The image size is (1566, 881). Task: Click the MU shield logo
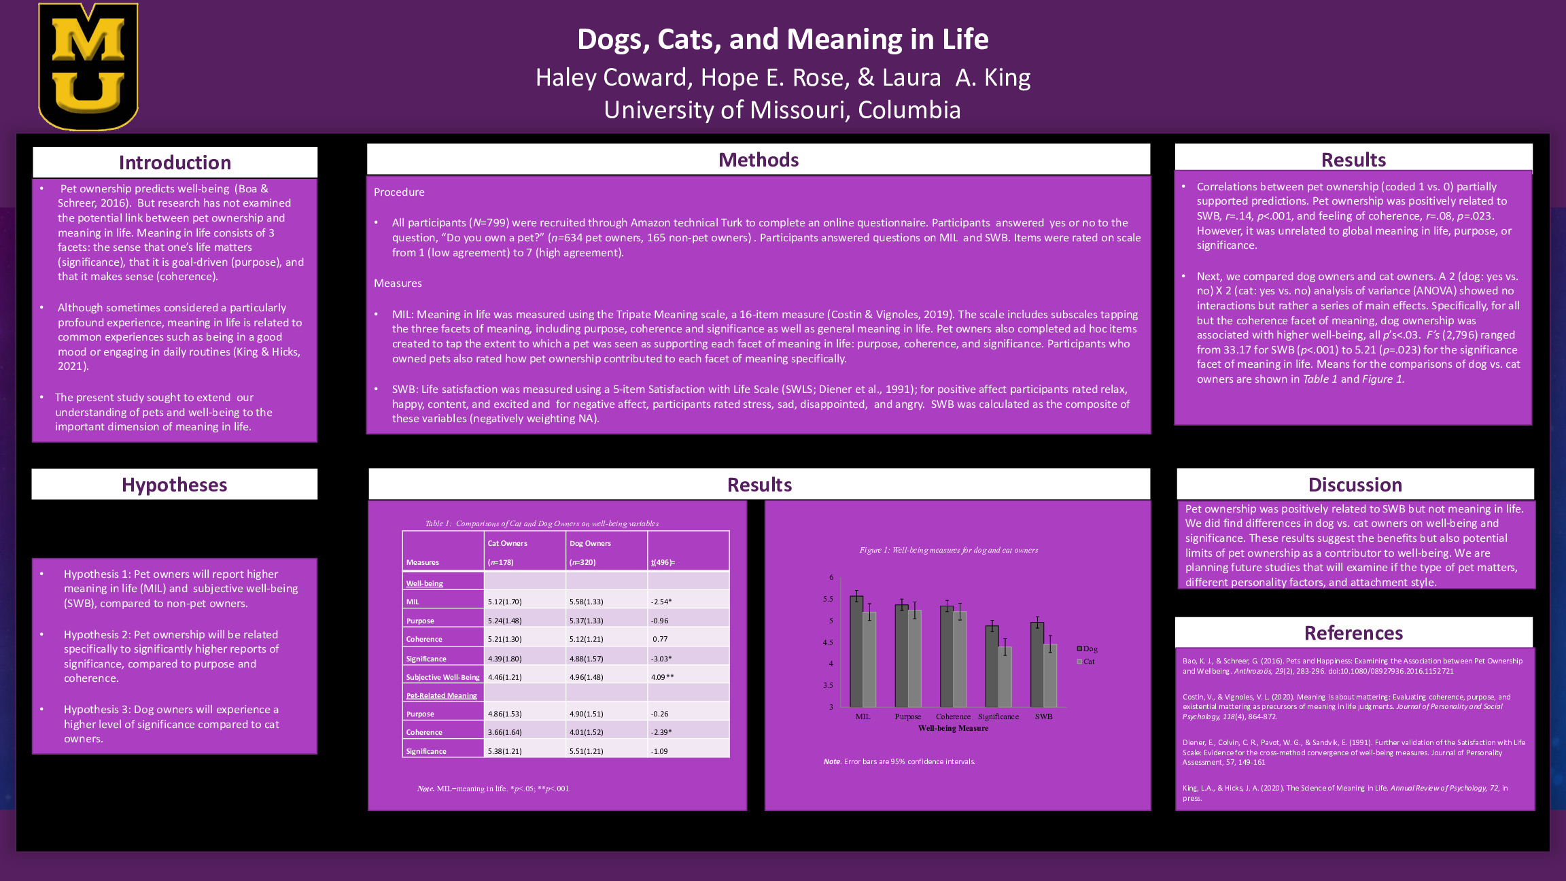[88, 67]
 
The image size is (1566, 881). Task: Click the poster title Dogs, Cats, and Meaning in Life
[782, 39]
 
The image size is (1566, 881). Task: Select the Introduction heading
[175, 162]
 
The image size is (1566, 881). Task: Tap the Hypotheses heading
[175, 485]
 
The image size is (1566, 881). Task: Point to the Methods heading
[759, 160]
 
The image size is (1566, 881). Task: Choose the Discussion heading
[1355, 485]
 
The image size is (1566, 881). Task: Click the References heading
[1353, 633]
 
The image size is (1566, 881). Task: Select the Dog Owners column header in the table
[590, 543]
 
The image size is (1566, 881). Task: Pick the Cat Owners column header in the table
[507, 543]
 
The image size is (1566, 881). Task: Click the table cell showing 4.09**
[662, 677]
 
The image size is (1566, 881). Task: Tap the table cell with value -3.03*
[661, 659]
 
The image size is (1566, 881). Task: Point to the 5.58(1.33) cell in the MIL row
[586, 602]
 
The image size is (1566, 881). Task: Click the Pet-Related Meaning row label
[442, 695]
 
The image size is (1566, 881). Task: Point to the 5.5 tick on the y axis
[828, 599]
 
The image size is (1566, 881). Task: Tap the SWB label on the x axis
[1043, 716]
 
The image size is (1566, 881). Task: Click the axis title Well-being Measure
[953, 728]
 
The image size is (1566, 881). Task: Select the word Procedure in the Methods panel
[399, 192]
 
